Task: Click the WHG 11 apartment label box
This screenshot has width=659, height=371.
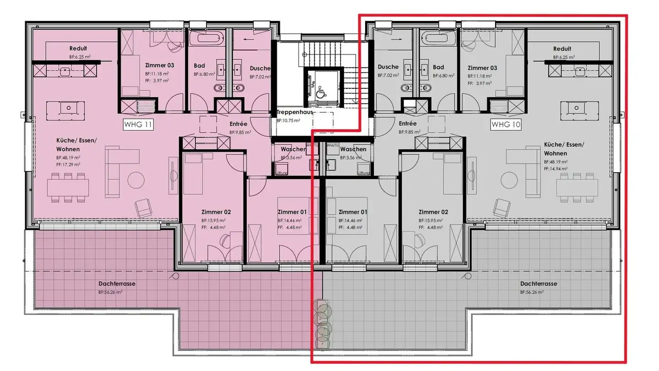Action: tap(138, 124)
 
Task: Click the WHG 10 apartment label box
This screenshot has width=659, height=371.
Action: tap(506, 124)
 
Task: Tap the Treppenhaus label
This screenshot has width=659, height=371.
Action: tap(294, 112)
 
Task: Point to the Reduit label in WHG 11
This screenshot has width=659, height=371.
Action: tap(78, 48)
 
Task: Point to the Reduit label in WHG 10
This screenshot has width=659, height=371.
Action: tap(562, 49)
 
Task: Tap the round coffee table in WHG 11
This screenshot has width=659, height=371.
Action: tap(136, 179)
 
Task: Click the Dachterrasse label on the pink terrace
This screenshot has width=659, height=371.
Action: tap(117, 284)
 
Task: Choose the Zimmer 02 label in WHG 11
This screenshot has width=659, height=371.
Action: tap(216, 212)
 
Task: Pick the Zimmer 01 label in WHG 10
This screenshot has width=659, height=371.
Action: tap(353, 212)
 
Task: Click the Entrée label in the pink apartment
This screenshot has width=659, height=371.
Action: tap(238, 124)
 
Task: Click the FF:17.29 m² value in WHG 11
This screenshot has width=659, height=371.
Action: tap(68, 164)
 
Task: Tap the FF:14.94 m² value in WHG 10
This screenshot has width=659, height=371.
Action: tap(556, 168)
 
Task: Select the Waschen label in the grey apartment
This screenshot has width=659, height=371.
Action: tap(353, 149)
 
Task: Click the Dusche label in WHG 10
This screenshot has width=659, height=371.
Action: tap(388, 67)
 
